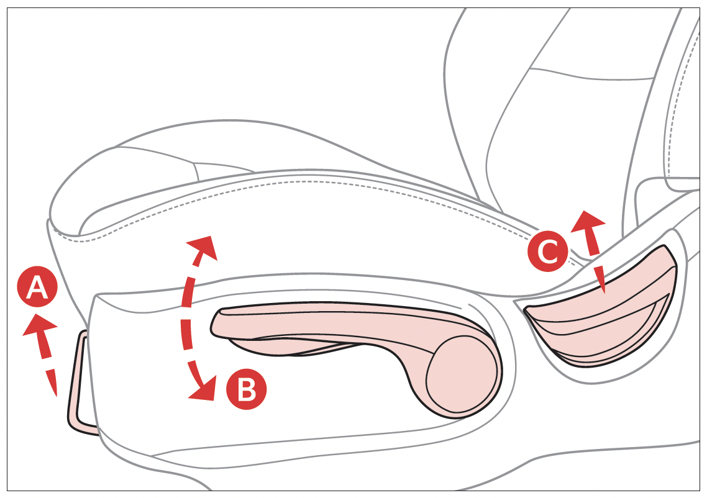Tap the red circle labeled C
pyautogui.click(x=548, y=251)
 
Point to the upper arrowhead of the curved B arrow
pyautogui.click(x=204, y=247)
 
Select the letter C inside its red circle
pyautogui.click(x=549, y=252)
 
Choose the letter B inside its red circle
pyautogui.click(x=247, y=390)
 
